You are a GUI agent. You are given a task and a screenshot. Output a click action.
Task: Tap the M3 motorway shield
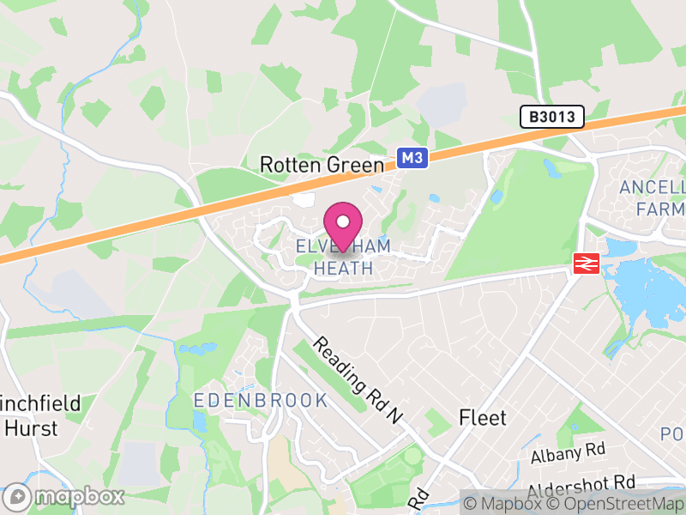click(412, 157)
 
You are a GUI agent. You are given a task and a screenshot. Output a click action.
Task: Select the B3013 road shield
click(552, 117)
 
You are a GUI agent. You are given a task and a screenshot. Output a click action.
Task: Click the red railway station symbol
click(586, 264)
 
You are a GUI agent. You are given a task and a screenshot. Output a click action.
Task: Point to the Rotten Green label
click(322, 164)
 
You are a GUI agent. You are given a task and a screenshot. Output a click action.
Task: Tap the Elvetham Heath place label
click(343, 257)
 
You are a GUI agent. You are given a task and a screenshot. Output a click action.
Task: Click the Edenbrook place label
click(261, 401)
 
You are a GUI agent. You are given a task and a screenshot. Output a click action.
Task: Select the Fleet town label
click(483, 418)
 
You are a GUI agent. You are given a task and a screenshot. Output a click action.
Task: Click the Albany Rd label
click(568, 451)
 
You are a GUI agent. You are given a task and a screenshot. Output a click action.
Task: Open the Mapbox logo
click(65, 496)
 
